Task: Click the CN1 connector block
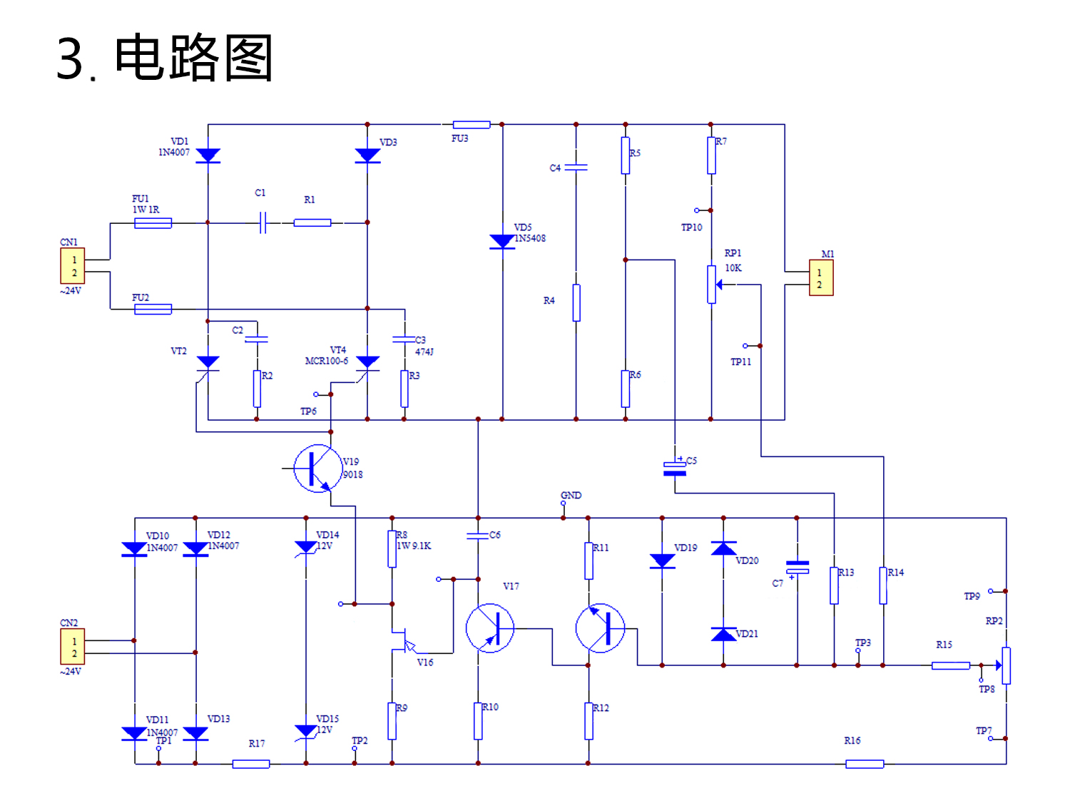[x=73, y=266]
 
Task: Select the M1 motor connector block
[x=820, y=278]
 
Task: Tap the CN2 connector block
[x=73, y=647]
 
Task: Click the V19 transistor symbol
[x=317, y=469]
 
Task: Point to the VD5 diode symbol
[x=502, y=241]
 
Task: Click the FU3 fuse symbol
[x=472, y=125]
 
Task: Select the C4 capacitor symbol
[x=576, y=168]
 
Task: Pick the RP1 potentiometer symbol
[x=711, y=284]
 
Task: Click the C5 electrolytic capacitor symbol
[x=675, y=468]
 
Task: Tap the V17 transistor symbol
[x=490, y=628]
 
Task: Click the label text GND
[x=571, y=495]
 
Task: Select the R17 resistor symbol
[x=251, y=764]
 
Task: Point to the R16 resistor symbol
[x=865, y=764]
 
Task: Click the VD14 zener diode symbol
[x=306, y=547]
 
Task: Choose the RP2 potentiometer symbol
[x=1006, y=665]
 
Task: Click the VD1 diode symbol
[x=208, y=155]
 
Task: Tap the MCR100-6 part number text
[x=327, y=361]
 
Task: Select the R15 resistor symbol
[x=950, y=665]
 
